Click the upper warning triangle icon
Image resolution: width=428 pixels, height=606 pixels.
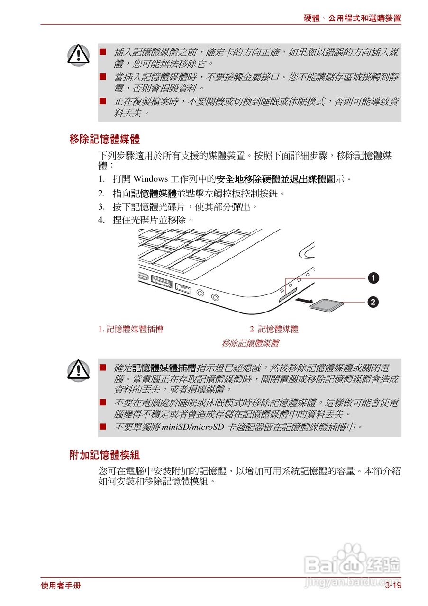(78, 55)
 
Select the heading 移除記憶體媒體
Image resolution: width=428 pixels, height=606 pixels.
(104, 140)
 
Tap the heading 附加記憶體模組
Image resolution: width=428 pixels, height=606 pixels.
(104, 455)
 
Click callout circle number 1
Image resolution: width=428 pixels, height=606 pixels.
(374, 278)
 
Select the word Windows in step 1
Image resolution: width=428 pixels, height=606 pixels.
(151, 179)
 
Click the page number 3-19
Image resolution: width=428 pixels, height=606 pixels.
(393, 586)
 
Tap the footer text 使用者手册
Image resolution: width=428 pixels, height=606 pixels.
(61, 586)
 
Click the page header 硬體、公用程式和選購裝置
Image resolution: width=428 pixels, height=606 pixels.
(352, 18)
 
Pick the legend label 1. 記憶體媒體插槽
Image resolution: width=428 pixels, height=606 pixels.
(131, 330)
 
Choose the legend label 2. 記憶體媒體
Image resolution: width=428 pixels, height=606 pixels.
(274, 330)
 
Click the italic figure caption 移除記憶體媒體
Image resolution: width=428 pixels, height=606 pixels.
(250, 344)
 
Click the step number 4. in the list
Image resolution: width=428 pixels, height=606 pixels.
(101, 220)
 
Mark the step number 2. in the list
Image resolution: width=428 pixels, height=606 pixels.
(101, 193)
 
